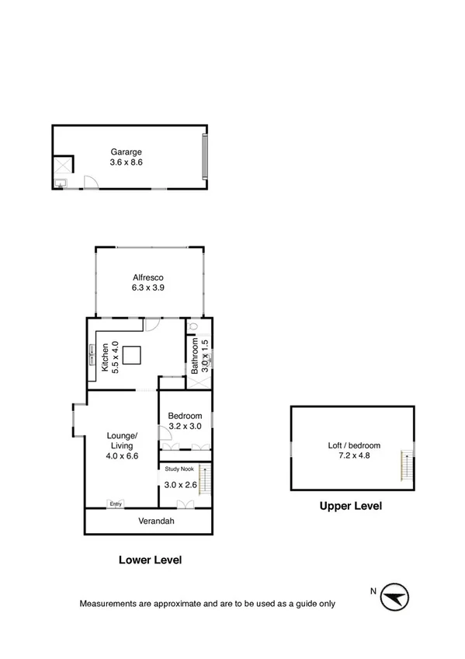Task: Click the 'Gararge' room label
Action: pos(126,152)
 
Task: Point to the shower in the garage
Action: pos(62,165)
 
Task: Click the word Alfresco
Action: pos(147,277)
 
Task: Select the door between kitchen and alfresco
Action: pos(152,325)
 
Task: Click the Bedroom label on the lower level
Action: pos(185,416)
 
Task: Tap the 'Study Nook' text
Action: pos(179,469)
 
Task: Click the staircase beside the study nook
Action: pos(203,479)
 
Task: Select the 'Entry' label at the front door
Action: pos(116,504)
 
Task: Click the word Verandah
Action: pos(156,521)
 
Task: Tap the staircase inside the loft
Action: pos(405,465)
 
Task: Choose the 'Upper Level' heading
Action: pos(351,506)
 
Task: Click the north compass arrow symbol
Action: pos(395,597)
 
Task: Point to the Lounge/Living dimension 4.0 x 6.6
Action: pos(122,456)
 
